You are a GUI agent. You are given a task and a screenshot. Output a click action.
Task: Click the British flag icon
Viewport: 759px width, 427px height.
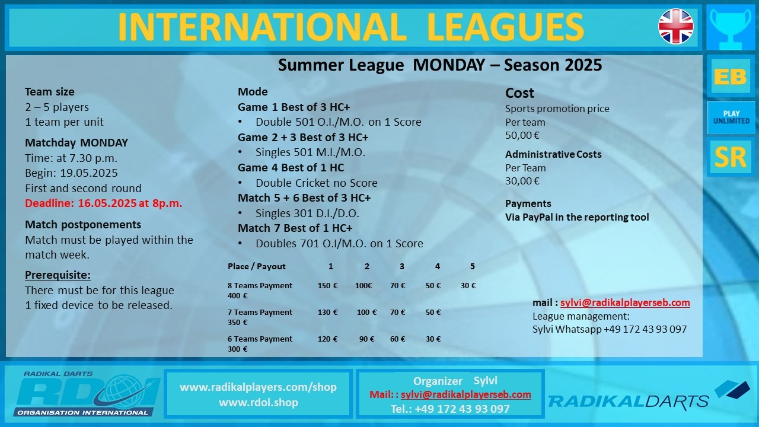point(675,27)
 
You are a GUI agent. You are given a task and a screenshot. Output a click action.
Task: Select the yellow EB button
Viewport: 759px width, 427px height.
point(731,77)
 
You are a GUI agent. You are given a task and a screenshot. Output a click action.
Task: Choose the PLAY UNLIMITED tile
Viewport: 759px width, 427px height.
point(731,117)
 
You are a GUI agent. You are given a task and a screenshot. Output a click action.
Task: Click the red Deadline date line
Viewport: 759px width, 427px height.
point(103,203)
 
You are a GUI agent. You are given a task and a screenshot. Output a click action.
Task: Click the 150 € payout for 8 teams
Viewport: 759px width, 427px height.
point(327,285)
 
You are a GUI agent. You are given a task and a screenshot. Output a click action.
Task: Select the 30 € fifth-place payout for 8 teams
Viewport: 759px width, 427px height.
point(468,285)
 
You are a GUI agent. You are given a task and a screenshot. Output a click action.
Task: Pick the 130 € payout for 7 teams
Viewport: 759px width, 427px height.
point(327,312)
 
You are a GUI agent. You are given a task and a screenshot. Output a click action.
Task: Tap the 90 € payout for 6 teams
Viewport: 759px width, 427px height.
point(366,339)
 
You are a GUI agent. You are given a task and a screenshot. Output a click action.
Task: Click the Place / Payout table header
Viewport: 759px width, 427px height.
point(257,266)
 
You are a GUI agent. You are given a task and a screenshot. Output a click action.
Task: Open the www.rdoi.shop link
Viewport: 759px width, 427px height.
point(259,402)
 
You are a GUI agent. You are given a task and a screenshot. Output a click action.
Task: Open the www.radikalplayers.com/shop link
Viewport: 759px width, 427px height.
point(258,387)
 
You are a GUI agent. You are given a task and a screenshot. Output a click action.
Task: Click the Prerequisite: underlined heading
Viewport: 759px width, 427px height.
point(58,275)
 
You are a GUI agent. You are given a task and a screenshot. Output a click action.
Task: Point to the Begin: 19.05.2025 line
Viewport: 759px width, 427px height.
point(71,173)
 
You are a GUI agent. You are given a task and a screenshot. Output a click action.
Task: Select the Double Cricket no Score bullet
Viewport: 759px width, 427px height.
point(316,183)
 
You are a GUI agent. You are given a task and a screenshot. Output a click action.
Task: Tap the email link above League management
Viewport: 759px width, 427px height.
point(625,302)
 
